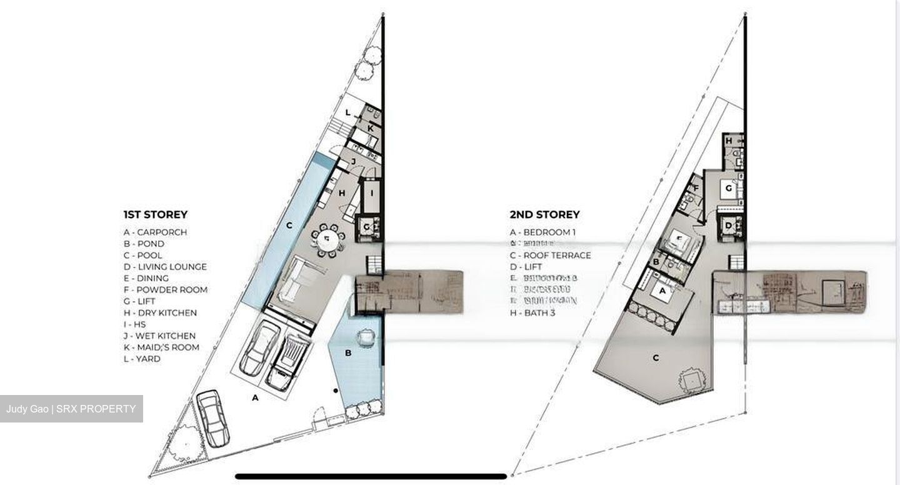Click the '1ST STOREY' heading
tap(155, 214)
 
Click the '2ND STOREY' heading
tap(544, 214)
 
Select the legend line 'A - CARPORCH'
tap(155, 232)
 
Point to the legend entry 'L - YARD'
tap(142, 359)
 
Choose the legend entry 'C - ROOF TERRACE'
tap(550, 255)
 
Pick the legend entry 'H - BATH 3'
tap(532, 312)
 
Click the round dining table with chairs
tap(327, 239)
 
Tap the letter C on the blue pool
tap(289, 225)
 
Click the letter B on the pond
tap(349, 353)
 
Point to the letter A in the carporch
tap(255, 397)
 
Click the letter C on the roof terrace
tap(656, 357)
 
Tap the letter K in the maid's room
tap(370, 128)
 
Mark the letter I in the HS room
tap(372, 192)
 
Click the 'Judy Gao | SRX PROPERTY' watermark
tap(71, 409)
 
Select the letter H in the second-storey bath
tap(729, 141)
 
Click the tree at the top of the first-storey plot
tap(371, 55)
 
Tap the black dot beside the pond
tap(336, 391)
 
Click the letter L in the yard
tap(348, 112)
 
